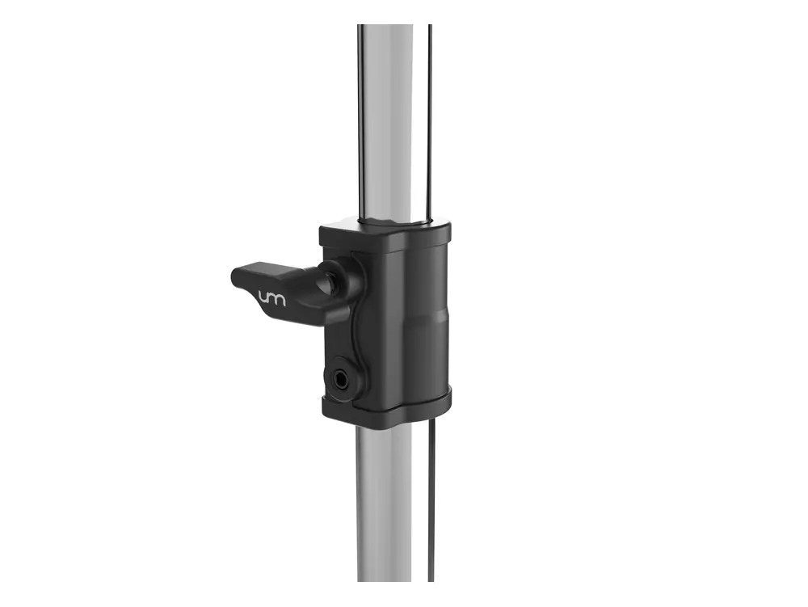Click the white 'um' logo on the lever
tap(271, 298)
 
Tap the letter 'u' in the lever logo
tap(263, 297)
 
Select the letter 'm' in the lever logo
tap(277, 299)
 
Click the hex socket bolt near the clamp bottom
tap(341, 381)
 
